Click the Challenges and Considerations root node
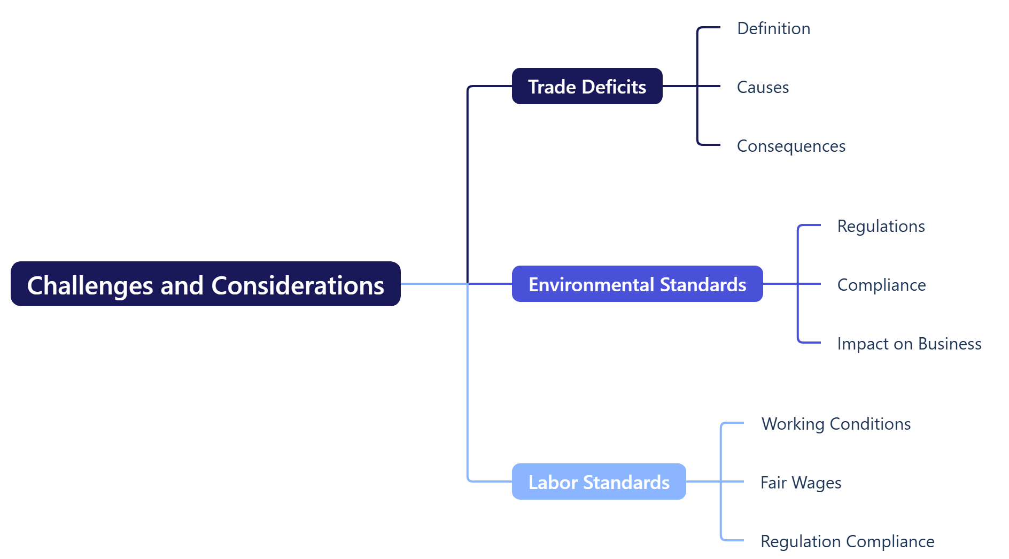click(x=205, y=284)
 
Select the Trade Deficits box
click(x=587, y=86)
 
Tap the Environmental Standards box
click(x=637, y=284)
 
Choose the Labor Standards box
click(x=599, y=482)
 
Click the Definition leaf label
click(x=773, y=28)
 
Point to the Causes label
click(x=763, y=87)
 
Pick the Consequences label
click(x=791, y=146)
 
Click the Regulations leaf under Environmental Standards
click(x=881, y=226)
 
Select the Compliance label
click(x=881, y=285)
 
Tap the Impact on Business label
click(x=909, y=344)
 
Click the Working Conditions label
click(x=836, y=424)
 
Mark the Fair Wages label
click(x=801, y=483)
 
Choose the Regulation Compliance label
click(x=847, y=541)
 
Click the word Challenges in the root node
click(x=90, y=285)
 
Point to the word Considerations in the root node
click(x=298, y=285)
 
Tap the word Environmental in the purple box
click(x=592, y=284)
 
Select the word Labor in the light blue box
click(x=553, y=482)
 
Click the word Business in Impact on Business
click(x=950, y=344)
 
